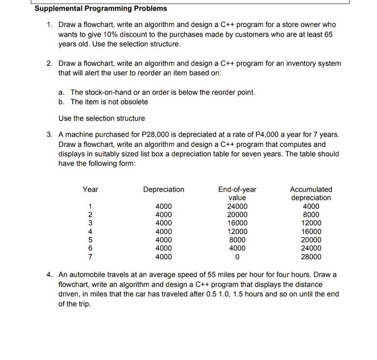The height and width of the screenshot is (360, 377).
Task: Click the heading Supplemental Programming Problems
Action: pos(101,8)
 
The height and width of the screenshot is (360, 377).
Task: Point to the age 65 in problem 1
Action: pos(328,35)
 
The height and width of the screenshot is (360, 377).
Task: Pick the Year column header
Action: pos(90,189)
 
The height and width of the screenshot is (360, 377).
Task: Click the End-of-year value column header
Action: pos(237,193)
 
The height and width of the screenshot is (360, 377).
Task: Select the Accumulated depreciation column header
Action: pos(311,193)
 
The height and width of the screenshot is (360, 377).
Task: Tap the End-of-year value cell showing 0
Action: pos(237,257)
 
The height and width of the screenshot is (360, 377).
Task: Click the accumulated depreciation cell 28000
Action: pos(311,257)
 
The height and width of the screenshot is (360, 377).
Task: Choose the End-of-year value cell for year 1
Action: pos(237,206)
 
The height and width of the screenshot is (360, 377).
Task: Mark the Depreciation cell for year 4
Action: pos(164,232)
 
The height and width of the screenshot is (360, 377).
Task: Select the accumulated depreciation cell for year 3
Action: pos(311,223)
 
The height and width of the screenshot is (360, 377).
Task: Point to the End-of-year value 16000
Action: pos(237,223)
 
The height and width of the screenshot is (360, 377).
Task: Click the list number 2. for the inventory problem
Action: pos(50,64)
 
